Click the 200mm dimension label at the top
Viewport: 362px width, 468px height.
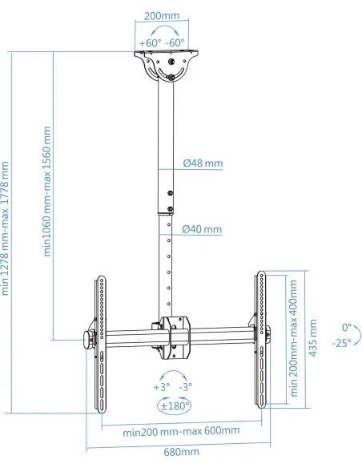tap(162, 16)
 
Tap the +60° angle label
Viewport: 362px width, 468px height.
tap(150, 43)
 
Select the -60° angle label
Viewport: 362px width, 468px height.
tap(175, 43)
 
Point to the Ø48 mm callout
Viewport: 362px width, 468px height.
tap(203, 163)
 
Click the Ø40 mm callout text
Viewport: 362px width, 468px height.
tap(202, 229)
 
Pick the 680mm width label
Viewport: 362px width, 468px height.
tap(181, 452)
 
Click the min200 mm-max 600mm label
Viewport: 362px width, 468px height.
tap(181, 431)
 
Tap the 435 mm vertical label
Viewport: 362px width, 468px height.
tap(312, 337)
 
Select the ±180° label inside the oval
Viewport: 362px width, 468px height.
tap(175, 406)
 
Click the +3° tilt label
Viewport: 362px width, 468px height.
tap(162, 387)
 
